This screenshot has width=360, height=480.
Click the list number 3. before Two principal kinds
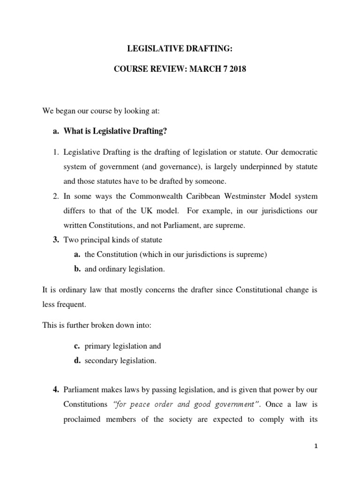[x=55, y=240]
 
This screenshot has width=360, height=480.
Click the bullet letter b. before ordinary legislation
[x=78, y=269]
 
